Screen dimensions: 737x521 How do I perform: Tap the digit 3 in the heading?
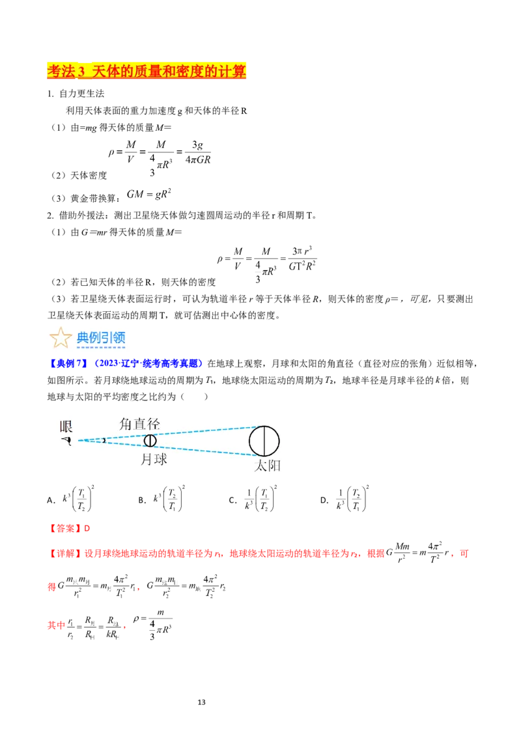[81, 72]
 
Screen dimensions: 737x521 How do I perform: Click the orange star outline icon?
[61, 338]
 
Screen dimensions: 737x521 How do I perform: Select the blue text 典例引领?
[101, 337]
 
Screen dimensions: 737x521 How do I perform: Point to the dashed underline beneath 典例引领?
[101, 348]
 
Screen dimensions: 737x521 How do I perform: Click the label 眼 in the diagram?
[66, 426]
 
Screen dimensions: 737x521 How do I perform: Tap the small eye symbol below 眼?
[66, 441]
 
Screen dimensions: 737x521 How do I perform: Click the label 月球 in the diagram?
[154, 459]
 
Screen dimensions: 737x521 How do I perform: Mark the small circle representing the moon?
[150, 441]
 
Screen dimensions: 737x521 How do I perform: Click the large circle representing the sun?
[264, 441]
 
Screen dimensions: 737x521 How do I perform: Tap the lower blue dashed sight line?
[195, 449]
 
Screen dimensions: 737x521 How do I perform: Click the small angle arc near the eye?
[103, 441]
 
